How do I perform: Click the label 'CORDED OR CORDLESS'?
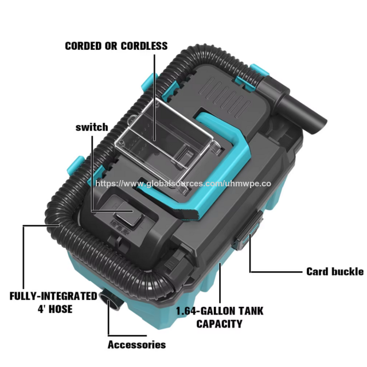tap(116, 45)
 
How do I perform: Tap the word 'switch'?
tap(91, 127)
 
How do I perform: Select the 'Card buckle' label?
tap(335, 271)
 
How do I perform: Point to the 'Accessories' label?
tap(136, 345)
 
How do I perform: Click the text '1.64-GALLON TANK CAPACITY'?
tap(219, 318)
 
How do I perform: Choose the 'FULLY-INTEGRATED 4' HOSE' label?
tap(53, 302)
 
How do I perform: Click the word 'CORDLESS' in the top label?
tap(143, 45)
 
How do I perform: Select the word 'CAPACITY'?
tap(219, 324)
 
